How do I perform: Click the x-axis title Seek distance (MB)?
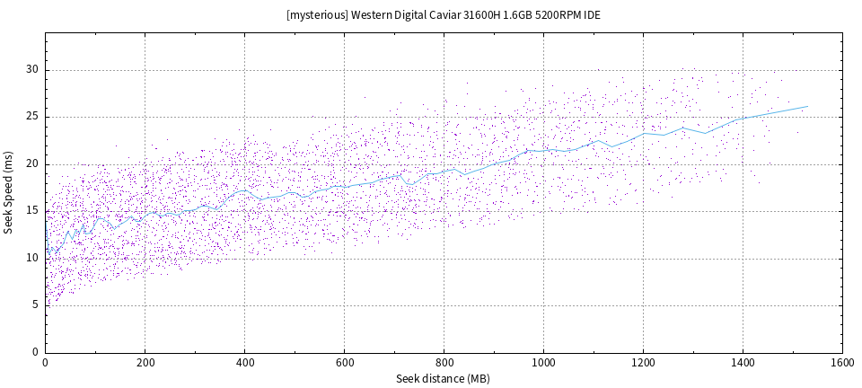click(444, 379)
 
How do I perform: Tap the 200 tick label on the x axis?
click(145, 362)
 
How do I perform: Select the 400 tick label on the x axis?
click(244, 362)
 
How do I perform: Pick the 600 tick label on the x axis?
click(344, 362)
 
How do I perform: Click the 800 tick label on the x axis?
click(444, 362)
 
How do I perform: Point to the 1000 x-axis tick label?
click(543, 362)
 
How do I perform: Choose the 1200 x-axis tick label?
click(643, 362)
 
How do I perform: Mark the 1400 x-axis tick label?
click(743, 362)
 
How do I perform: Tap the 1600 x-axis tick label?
click(842, 362)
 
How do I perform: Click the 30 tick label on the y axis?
click(32, 70)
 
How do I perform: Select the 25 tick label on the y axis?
click(32, 117)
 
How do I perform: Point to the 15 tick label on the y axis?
click(32, 211)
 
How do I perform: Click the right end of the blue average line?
click(807, 106)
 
